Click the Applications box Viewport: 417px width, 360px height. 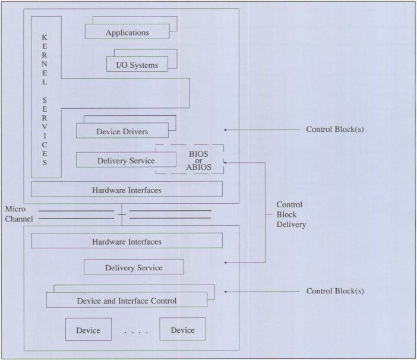pyautogui.click(x=127, y=32)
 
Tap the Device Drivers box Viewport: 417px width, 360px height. pyautogui.click(x=122, y=131)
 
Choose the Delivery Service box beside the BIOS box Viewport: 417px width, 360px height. pyautogui.click(x=125, y=160)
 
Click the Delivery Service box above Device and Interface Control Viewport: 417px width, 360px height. pyautogui.click(x=134, y=267)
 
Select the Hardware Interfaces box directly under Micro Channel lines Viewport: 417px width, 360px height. pyautogui.click(x=127, y=241)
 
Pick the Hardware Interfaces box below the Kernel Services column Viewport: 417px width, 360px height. pyautogui.click(x=127, y=190)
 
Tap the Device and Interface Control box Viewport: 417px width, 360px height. pyautogui.click(x=127, y=301)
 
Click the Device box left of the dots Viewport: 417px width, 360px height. pyautogui.click(x=88, y=330)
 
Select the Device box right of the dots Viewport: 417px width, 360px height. pyautogui.click(x=182, y=330)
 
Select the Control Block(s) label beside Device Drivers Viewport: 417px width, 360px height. pyautogui.click(x=334, y=130)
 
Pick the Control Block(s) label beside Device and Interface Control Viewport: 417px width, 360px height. pyautogui.click(x=334, y=291)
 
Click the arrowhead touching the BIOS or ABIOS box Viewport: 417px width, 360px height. pyautogui.click(x=226, y=162)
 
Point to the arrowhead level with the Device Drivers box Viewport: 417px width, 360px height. pyautogui.click(x=226, y=130)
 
